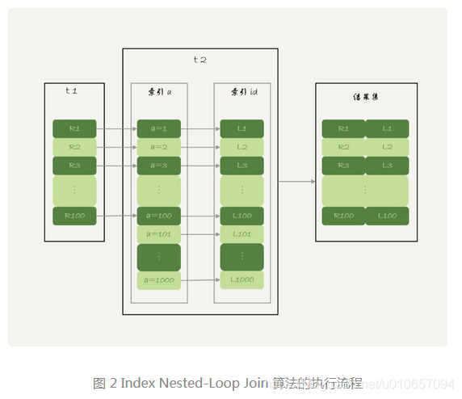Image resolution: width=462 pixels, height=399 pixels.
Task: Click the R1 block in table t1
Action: coord(74,128)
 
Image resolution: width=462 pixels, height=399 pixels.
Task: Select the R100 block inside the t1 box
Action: coord(74,216)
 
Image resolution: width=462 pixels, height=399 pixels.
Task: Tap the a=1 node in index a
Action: coord(158,128)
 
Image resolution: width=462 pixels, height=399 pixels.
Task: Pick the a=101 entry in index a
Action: coord(158,234)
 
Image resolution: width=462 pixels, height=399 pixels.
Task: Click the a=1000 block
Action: coord(158,281)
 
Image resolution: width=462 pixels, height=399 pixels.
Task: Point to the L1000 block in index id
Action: coord(241,279)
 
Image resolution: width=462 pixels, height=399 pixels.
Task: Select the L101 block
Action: coord(241,234)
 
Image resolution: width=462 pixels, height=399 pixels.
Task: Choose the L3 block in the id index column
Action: coord(241,166)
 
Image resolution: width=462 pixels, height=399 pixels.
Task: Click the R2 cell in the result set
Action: coord(343,147)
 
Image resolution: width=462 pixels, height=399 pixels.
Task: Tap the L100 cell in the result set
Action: coord(387,216)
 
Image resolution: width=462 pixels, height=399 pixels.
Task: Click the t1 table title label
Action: coord(71,90)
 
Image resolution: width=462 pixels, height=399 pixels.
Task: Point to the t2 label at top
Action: coord(200,60)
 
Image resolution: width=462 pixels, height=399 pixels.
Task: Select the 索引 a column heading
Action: coord(159,93)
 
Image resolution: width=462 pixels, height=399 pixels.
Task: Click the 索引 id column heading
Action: coord(242,93)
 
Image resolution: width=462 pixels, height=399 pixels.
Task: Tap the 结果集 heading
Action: coord(365,98)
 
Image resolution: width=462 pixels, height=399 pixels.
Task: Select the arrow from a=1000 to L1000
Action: coord(200,280)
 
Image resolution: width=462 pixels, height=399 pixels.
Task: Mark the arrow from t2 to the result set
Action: coord(296,182)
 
